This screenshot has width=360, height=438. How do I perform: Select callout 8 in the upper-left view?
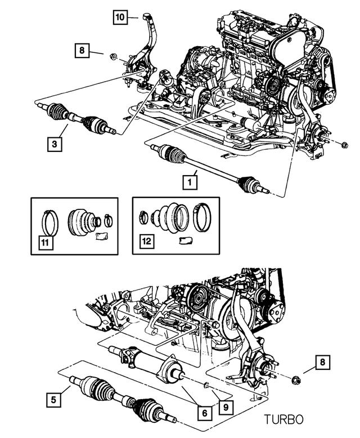click(82, 52)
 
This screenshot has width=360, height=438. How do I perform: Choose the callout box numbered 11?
click(43, 243)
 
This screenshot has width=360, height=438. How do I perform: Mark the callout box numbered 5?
click(54, 401)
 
